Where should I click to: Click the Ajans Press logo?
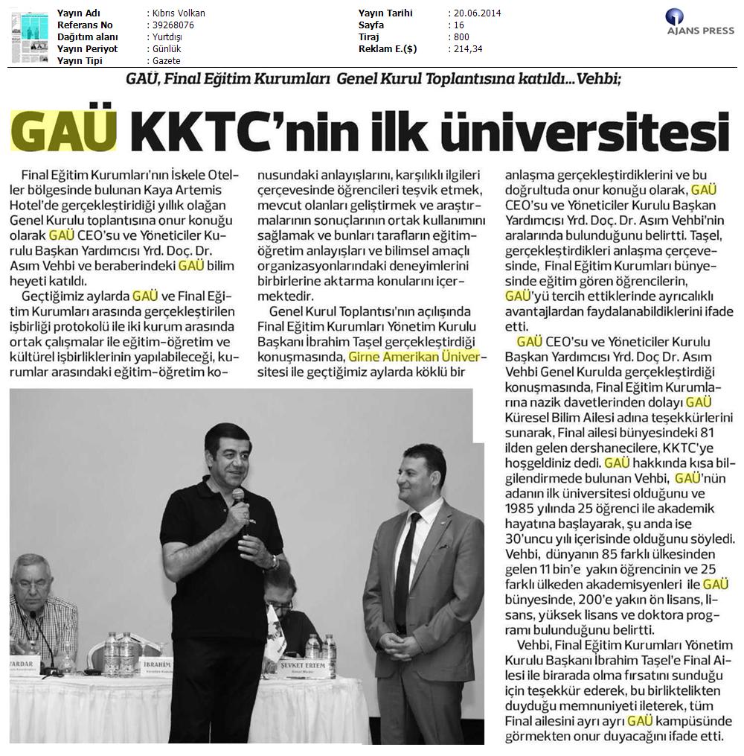pos(699,22)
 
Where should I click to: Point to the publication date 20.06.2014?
pos(475,13)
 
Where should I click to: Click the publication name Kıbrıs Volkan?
pos(178,13)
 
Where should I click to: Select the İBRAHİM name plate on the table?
pos(156,662)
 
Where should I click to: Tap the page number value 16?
pos(458,25)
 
